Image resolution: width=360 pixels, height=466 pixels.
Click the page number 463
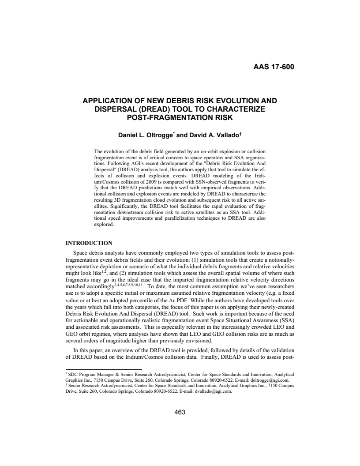point(180,412)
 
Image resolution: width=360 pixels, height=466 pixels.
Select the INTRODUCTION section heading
point(89,243)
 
